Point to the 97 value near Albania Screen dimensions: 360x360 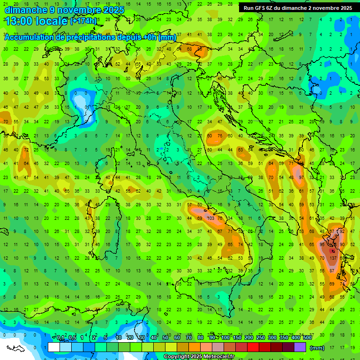click(x=301, y=178)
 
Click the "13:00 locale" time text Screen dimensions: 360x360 click(x=36, y=21)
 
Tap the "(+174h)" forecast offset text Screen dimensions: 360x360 click(x=83, y=21)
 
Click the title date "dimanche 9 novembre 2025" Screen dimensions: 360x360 click(x=64, y=10)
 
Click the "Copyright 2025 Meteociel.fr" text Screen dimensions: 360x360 click(x=199, y=356)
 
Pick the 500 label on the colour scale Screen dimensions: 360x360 click(x=307, y=337)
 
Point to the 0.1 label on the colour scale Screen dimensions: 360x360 click(x=60, y=337)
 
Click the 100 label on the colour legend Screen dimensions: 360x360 click(x=225, y=337)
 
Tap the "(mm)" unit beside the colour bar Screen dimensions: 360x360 click(x=317, y=348)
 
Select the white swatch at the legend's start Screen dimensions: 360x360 click(x=53, y=347)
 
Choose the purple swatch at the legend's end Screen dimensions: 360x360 click(x=300, y=347)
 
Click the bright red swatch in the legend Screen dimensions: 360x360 click(x=253, y=347)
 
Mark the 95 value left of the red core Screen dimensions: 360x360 click(x=322, y=245)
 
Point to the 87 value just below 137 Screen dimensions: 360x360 click(x=332, y=271)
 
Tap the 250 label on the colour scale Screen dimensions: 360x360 click(x=260, y=337)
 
